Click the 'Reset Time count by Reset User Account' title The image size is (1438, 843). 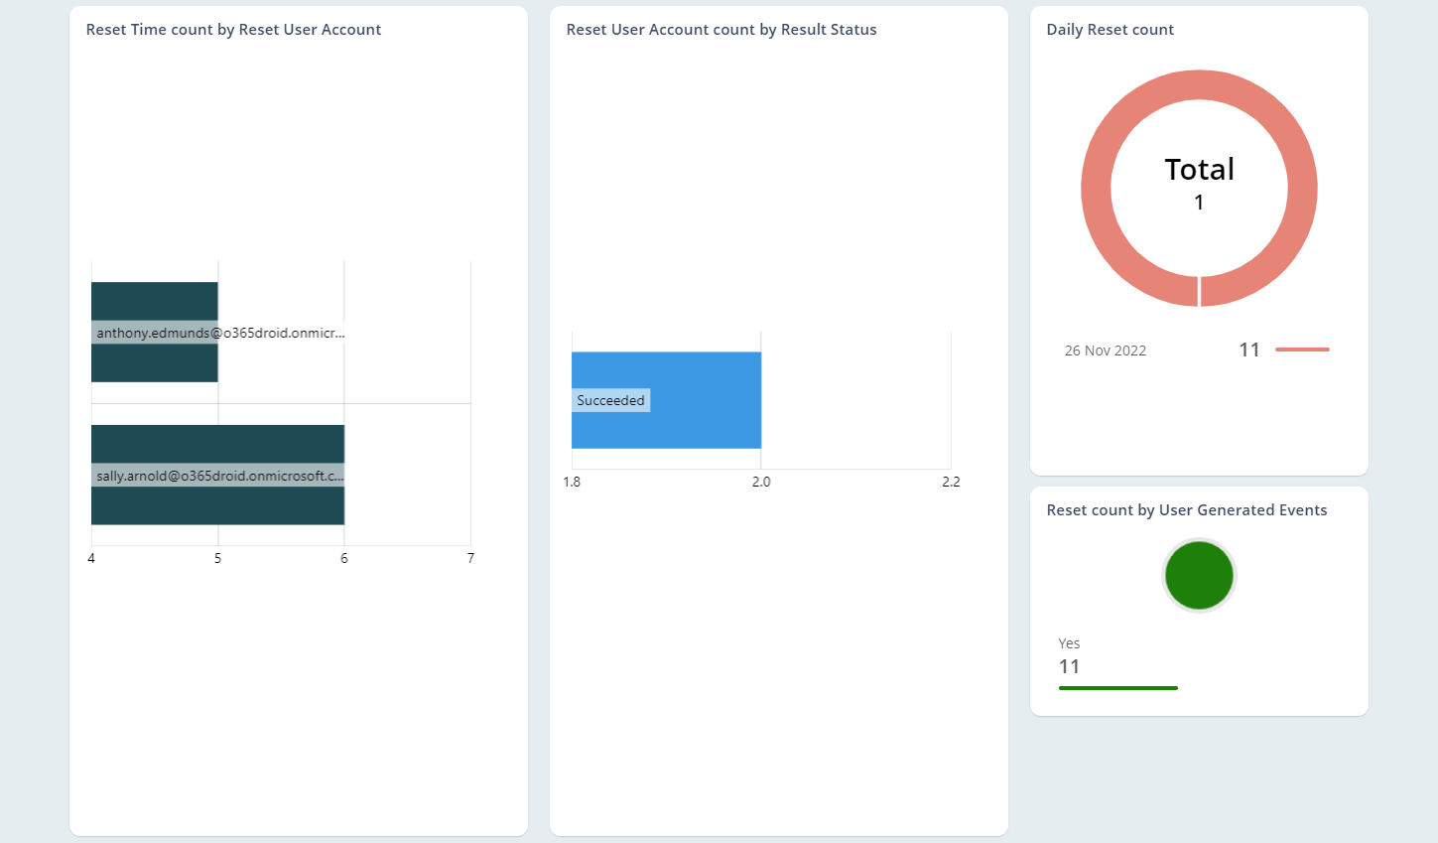233,30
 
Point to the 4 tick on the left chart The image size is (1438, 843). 91,558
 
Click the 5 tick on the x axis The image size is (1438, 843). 218,558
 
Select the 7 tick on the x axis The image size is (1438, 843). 470,558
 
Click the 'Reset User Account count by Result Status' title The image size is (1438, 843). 721,30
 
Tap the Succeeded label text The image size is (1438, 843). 610,400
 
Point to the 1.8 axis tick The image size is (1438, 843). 572,482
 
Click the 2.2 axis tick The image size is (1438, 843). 951,482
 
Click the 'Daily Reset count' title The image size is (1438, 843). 1110,30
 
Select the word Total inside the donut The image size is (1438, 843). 1199,170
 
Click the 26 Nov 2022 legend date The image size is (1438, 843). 1105,351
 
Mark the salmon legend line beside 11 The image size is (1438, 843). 1302,350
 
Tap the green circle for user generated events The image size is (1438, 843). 1199,575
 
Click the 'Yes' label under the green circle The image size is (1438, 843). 1069,643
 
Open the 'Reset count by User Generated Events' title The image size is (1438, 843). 1186,510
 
